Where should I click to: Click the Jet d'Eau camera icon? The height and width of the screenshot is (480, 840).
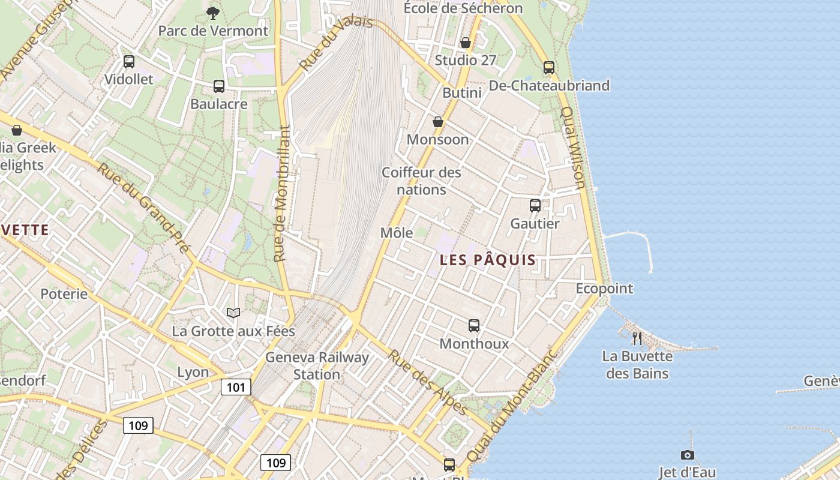point(688,455)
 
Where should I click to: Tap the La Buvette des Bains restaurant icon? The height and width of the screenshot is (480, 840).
point(637,338)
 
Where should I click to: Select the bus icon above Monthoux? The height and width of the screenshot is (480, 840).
point(474,326)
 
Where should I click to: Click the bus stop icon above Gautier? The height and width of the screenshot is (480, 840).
point(535,206)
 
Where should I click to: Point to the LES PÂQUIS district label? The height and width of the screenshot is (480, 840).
point(488,260)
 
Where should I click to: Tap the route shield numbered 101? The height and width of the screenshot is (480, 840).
point(236,387)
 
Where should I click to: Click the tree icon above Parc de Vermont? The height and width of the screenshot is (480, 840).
point(212,13)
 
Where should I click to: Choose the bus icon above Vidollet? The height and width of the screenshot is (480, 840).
point(129,61)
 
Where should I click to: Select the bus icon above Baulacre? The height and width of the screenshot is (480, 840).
point(219,86)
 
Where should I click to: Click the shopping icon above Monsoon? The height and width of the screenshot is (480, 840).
point(438,122)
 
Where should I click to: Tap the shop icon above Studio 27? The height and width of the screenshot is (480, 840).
point(466,43)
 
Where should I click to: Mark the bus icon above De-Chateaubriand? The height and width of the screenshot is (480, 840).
point(549,68)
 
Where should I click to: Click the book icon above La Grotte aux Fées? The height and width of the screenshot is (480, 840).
point(233,313)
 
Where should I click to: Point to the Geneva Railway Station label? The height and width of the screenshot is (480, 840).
point(317,365)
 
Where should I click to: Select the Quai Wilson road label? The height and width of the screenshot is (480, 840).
point(572,148)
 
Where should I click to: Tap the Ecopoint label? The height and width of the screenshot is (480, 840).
point(604,289)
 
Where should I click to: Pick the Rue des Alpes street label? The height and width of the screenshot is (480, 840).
point(428,382)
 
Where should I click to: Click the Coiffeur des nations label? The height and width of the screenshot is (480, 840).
point(422,181)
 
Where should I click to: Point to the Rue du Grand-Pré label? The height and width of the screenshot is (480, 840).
point(144,208)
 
